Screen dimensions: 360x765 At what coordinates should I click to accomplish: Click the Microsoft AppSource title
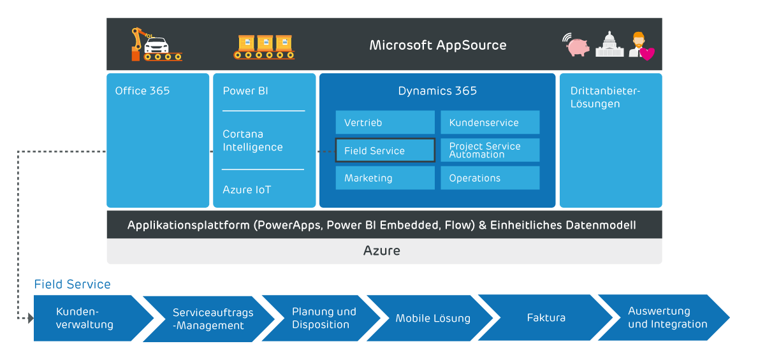438,45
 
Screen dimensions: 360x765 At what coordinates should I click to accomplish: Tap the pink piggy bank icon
578,46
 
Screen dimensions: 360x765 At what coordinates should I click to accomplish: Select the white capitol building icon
609,45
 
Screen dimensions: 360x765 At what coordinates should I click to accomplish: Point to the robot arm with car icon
154,45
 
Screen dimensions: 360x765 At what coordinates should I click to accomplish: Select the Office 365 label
142,91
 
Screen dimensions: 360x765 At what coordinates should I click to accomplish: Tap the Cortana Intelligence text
252,141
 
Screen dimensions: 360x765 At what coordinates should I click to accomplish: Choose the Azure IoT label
247,190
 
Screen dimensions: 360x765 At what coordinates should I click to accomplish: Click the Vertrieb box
385,122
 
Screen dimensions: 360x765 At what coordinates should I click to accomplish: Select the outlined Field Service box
385,150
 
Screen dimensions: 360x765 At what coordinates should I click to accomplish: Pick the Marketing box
385,178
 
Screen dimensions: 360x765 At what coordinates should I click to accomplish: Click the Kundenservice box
490,122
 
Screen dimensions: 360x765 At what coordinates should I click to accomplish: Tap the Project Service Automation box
490,150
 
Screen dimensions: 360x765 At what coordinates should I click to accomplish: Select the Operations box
490,178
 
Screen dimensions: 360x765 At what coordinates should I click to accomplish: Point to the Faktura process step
546,317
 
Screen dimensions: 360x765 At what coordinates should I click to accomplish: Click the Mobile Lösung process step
433,318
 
